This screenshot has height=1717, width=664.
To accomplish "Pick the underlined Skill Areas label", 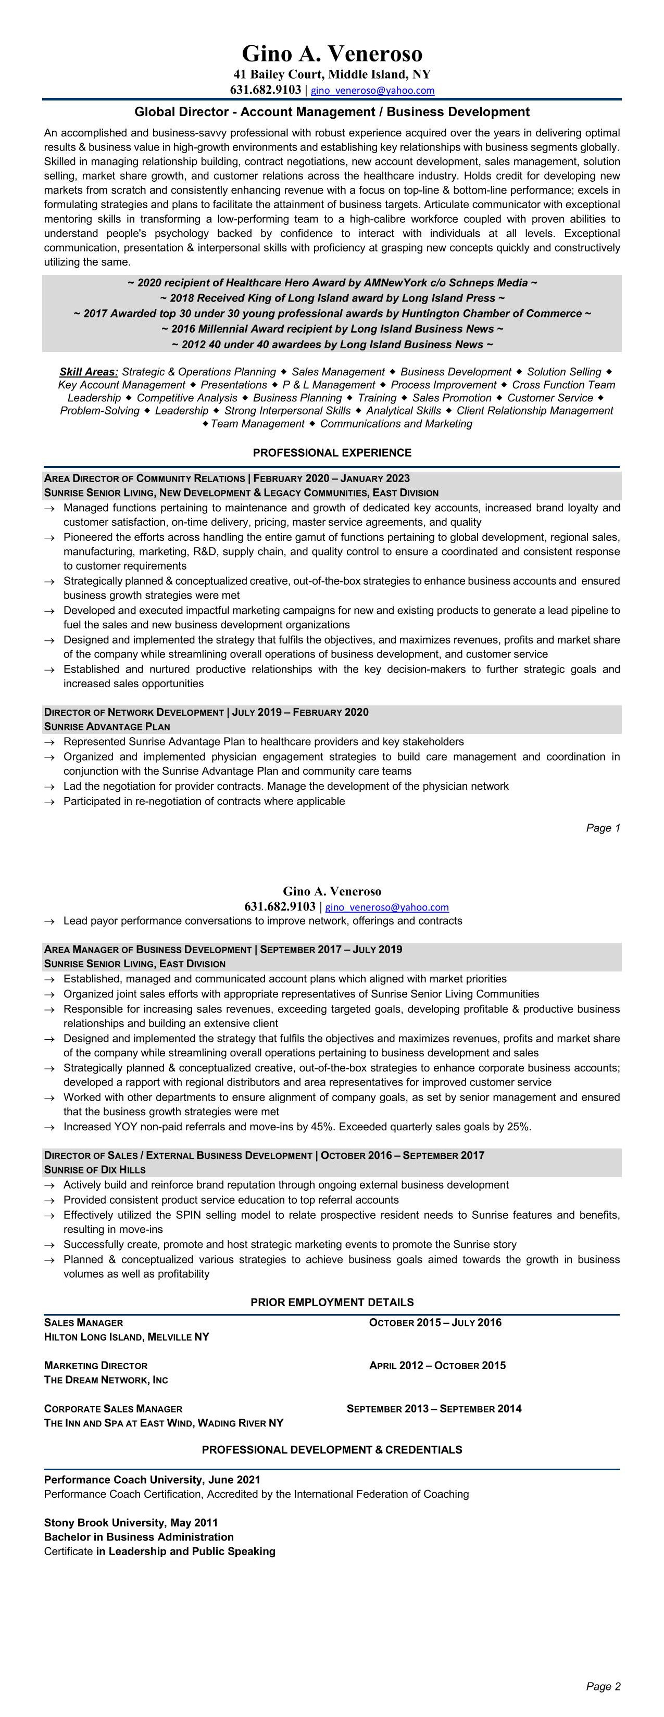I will (x=89, y=372).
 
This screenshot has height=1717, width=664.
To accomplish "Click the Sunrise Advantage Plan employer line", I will (x=107, y=727).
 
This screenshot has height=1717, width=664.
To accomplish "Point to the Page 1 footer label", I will (x=603, y=828).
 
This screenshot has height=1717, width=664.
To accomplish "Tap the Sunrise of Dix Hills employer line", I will (x=95, y=1170).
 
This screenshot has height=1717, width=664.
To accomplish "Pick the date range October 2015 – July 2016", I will (x=435, y=1323).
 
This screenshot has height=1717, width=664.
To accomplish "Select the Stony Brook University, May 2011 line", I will (x=131, y=1523).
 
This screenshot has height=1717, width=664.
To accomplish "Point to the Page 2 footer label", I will (x=603, y=1687).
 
